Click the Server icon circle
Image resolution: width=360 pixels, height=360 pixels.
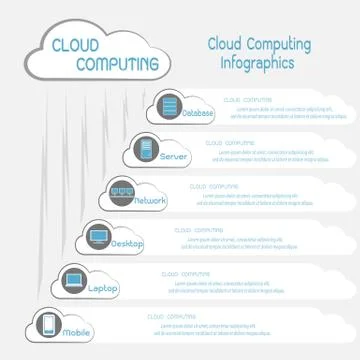(x=145, y=151)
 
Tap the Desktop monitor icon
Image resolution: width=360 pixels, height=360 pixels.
(x=97, y=237)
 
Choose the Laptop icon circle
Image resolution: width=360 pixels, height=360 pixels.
(x=72, y=281)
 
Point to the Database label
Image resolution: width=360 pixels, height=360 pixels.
(x=197, y=114)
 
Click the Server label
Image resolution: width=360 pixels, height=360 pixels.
(x=174, y=157)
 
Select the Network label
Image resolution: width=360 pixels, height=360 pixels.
(x=150, y=201)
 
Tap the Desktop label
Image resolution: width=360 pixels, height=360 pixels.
(x=128, y=244)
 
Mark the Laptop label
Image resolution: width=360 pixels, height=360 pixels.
(x=103, y=288)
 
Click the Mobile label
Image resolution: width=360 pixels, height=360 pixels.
(x=77, y=331)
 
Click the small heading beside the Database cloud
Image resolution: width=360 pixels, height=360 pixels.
(x=246, y=100)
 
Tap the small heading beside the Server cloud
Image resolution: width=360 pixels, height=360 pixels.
(x=231, y=143)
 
